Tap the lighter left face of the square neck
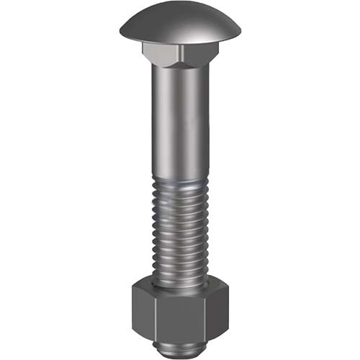point(162,52)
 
